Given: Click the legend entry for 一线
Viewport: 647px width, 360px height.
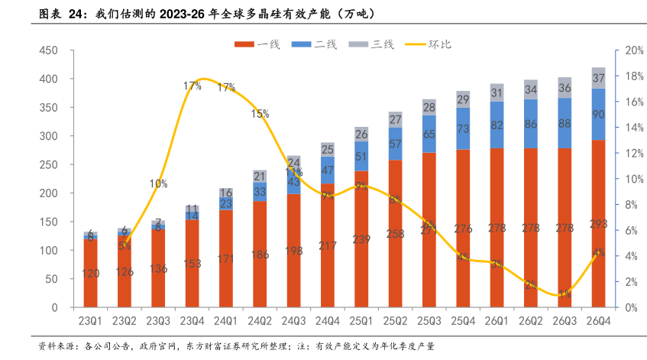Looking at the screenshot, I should pyautogui.click(x=260, y=44).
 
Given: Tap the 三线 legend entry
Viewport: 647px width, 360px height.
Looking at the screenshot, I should pyautogui.click(x=374, y=44).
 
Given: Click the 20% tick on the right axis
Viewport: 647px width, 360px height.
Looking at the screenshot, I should pyautogui.click(x=631, y=50).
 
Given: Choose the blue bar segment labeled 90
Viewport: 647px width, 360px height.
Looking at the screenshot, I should pyautogui.click(x=598, y=115).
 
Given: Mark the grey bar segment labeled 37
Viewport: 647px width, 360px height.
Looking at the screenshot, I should pyautogui.click(x=598, y=78).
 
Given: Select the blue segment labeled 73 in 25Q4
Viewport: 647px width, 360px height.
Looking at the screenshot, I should pyautogui.click(x=463, y=129).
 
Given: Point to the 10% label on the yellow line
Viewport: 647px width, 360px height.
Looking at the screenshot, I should pyautogui.click(x=159, y=183).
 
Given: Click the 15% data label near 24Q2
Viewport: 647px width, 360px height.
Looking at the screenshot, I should pyautogui.click(x=260, y=114).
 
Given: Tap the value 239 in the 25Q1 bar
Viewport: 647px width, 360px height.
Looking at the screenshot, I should pyautogui.click(x=361, y=238).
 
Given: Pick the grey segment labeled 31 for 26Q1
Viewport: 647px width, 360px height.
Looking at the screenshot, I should pyautogui.click(x=497, y=93).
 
